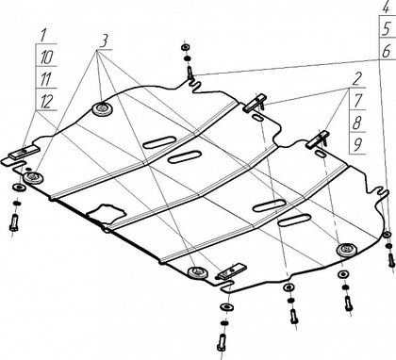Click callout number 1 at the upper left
pyautogui.click(x=43, y=35)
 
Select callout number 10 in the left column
pyautogui.click(x=47, y=57)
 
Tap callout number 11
pyautogui.click(x=46, y=79)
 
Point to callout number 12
pyautogui.click(x=46, y=102)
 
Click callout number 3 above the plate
pyautogui.click(x=104, y=41)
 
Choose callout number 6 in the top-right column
pyautogui.click(x=387, y=51)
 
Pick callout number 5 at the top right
pyautogui.click(x=387, y=29)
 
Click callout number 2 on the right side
pyautogui.click(x=356, y=79)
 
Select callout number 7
pyautogui.click(x=357, y=101)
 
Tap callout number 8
pyautogui.click(x=356, y=123)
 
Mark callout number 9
pyautogui.click(x=356, y=145)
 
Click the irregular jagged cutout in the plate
pyautogui.click(x=107, y=213)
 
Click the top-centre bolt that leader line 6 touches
pyautogui.click(x=190, y=73)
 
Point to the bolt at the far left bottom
pyautogui.click(x=14, y=222)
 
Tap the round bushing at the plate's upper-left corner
pyautogui.click(x=103, y=109)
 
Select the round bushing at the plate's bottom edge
pyautogui.click(x=198, y=272)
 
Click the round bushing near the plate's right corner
pyautogui.click(x=347, y=250)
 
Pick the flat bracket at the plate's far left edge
pyautogui.click(x=25, y=153)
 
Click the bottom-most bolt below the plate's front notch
pyautogui.click(x=222, y=342)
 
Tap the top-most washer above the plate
pyautogui.click(x=186, y=47)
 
